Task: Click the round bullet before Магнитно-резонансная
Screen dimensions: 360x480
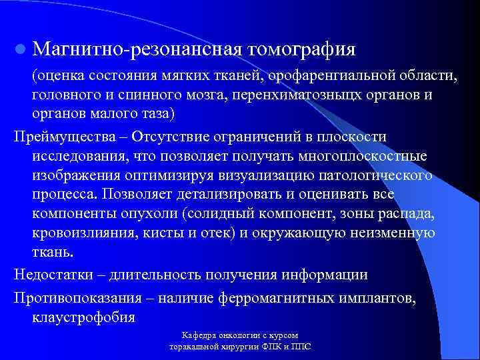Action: (20, 49)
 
